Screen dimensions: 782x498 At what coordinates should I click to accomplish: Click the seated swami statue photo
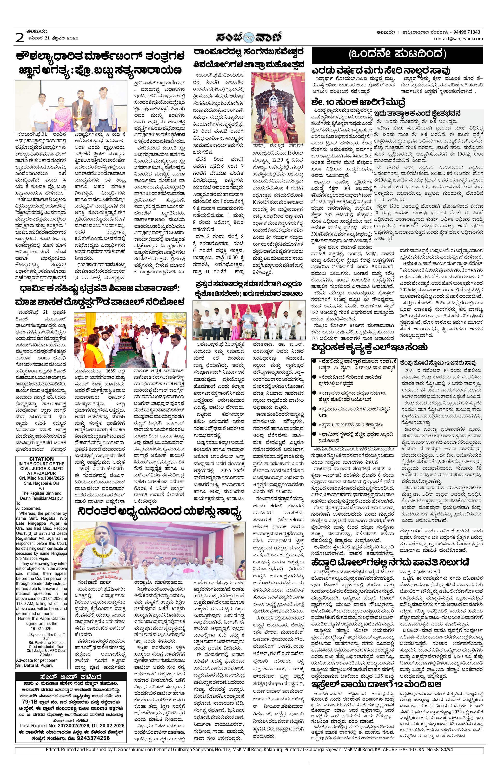(x=278, y=107)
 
